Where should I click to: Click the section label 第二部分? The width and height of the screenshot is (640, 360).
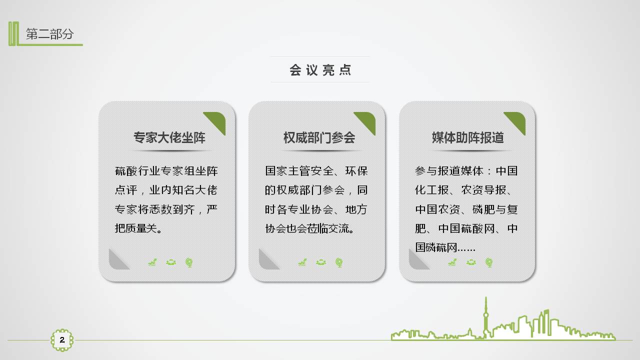point(49,34)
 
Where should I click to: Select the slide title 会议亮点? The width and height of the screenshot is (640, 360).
point(320,70)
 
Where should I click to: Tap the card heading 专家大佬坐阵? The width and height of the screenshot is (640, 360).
point(169,137)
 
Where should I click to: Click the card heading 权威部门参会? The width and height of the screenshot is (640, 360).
point(319,137)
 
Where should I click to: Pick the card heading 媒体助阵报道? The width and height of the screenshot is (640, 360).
point(467,137)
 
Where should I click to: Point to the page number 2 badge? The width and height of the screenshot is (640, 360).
point(62,340)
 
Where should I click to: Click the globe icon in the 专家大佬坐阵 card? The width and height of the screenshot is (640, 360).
point(189,262)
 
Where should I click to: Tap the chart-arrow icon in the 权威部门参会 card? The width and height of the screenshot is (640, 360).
point(302,262)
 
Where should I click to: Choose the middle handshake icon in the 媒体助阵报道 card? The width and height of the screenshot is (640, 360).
point(471,262)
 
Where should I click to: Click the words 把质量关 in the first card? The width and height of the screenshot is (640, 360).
point(135,228)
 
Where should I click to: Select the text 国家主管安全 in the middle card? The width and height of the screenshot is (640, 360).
point(299,171)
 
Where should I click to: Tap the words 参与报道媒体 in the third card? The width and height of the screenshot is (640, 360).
point(449,171)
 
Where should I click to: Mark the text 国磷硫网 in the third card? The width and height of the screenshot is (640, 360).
point(436,247)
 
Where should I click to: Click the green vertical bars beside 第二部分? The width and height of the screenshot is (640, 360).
point(13,33)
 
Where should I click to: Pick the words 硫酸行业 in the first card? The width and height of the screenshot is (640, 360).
point(137,171)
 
